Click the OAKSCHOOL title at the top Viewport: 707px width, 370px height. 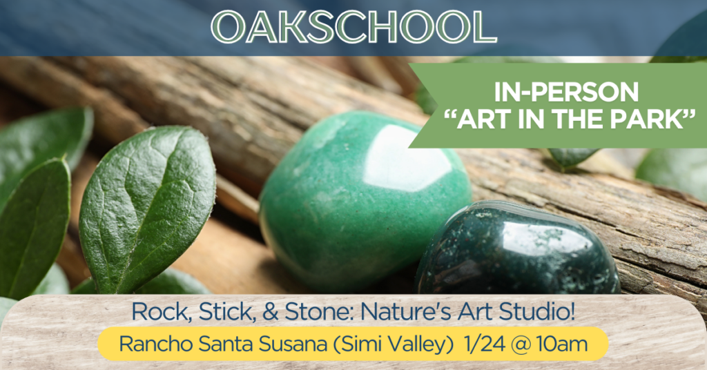click(353, 26)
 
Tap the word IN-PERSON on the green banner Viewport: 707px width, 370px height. click(566, 92)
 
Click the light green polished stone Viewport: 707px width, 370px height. click(365, 201)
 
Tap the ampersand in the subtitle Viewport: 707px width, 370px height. click(270, 312)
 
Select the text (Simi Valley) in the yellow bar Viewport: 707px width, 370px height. click(393, 345)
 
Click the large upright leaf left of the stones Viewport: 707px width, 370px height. click(148, 207)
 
